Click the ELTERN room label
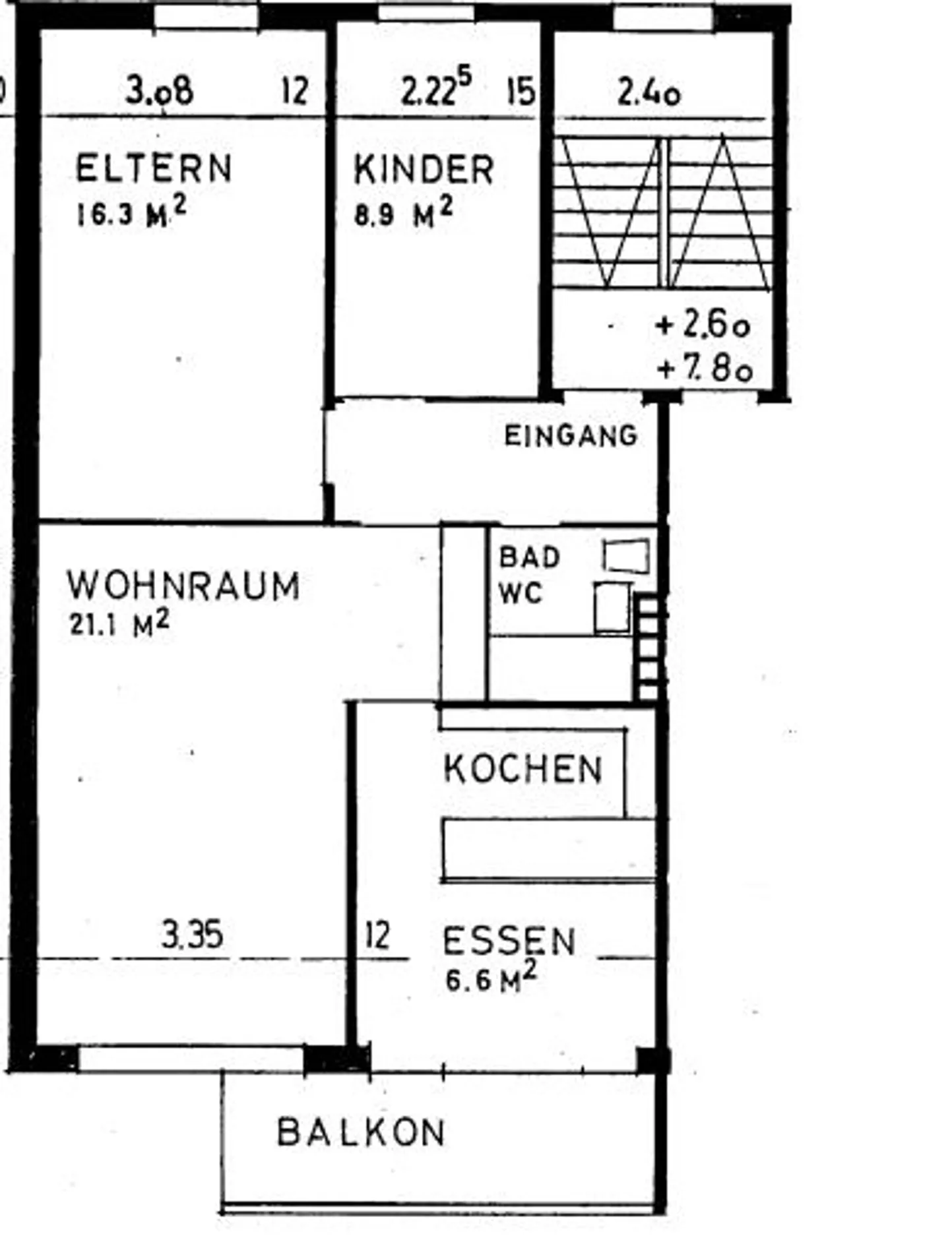[x=153, y=168]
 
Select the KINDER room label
[x=424, y=170]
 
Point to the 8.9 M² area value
[x=403, y=214]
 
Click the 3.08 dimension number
[x=160, y=90]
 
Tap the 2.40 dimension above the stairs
[x=649, y=93]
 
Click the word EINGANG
[x=571, y=436]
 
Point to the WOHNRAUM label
[x=183, y=586]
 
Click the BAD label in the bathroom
[x=529, y=557]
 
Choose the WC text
[x=521, y=593]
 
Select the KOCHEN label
[x=523, y=769]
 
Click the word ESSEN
[x=509, y=941]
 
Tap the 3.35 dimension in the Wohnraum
[x=192, y=935]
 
